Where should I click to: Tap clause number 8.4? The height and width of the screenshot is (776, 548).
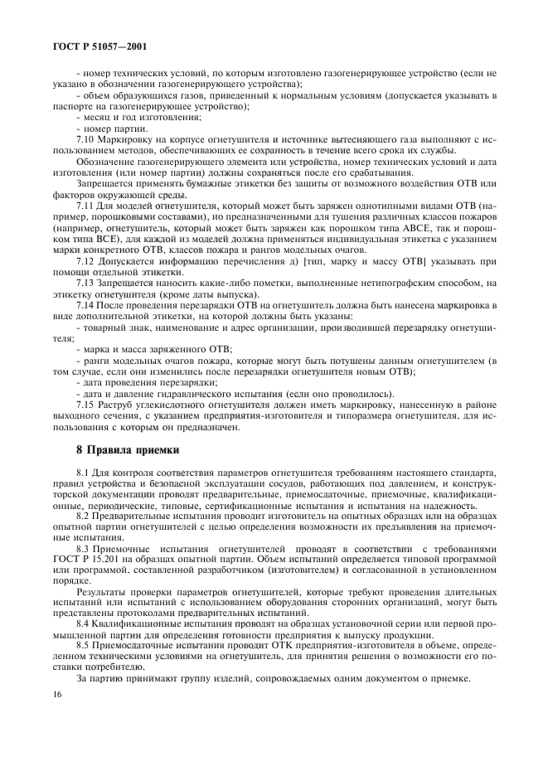pos(85,622)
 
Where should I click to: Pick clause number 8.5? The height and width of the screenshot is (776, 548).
pos(85,645)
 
